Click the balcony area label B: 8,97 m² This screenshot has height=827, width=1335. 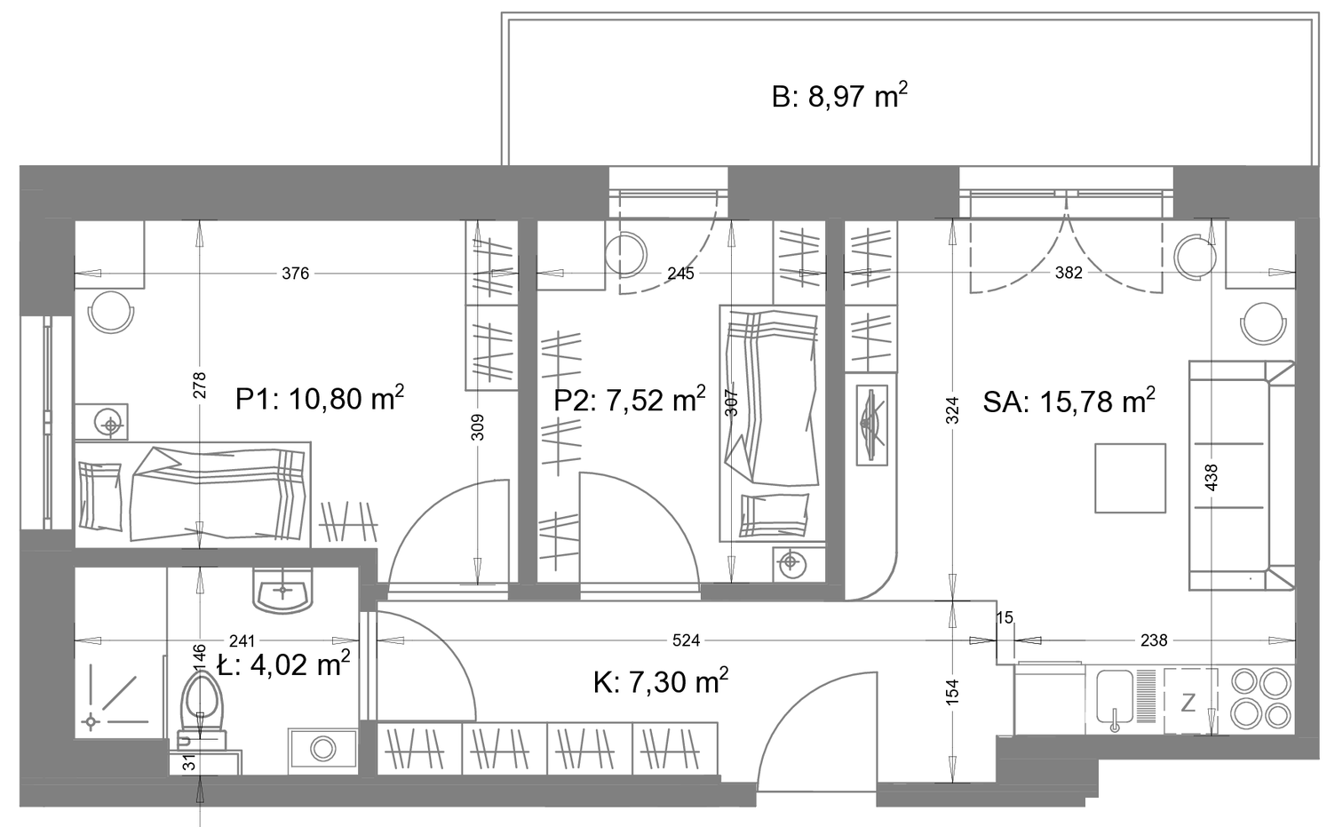coord(839,97)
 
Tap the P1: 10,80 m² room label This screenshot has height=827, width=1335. coord(320,399)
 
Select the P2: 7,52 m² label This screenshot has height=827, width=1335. coord(630,399)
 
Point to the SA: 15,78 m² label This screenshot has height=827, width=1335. coord(1069,402)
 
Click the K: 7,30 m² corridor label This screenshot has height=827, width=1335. coord(660,681)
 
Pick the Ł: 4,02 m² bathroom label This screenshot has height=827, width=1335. coord(283,664)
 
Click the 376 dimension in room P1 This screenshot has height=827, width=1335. coord(296,274)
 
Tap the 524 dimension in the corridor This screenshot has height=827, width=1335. coord(686,640)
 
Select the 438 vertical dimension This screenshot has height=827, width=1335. coord(1212,478)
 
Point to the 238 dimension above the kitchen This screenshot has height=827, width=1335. coord(1154,640)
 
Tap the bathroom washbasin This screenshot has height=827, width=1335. coord(282,590)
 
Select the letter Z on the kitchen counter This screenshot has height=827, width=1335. coord(1188,703)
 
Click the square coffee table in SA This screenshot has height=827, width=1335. coord(1130,478)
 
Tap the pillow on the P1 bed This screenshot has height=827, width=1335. coord(99,496)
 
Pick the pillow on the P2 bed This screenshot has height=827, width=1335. coord(775,515)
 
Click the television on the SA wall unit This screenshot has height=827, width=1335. coord(872,425)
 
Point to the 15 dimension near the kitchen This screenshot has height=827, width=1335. coord(1005,618)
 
